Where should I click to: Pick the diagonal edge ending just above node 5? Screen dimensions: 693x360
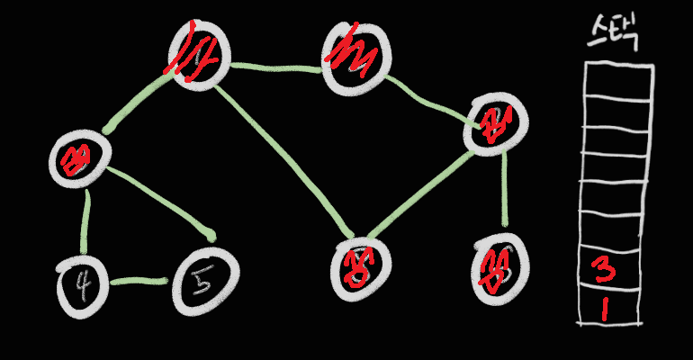(162, 202)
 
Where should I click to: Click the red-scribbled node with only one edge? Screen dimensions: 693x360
(498, 268)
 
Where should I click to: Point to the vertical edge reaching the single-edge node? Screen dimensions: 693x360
(504, 189)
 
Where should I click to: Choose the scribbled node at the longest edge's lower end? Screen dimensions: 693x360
(360, 267)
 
